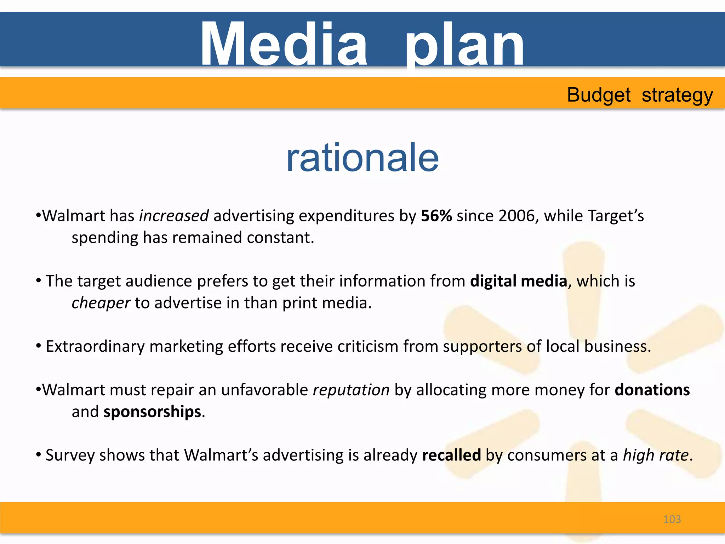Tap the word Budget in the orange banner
pyautogui.click(x=599, y=95)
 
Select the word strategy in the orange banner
pyautogui.click(x=677, y=96)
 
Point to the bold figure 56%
pyautogui.click(x=436, y=216)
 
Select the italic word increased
pyautogui.click(x=174, y=216)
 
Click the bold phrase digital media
pyautogui.click(x=519, y=281)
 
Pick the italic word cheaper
pyautogui.click(x=101, y=303)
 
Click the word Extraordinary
pyautogui.click(x=95, y=346)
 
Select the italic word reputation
pyautogui.click(x=351, y=390)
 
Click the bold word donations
pyautogui.click(x=652, y=390)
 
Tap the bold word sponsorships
pyautogui.click(x=152, y=412)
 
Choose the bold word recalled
pyautogui.click(x=451, y=455)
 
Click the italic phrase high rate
pyautogui.click(x=656, y=455)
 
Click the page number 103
pyautogui.click(x=672, y=519)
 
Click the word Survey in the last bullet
pyautogui.click(x=70, y=455)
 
